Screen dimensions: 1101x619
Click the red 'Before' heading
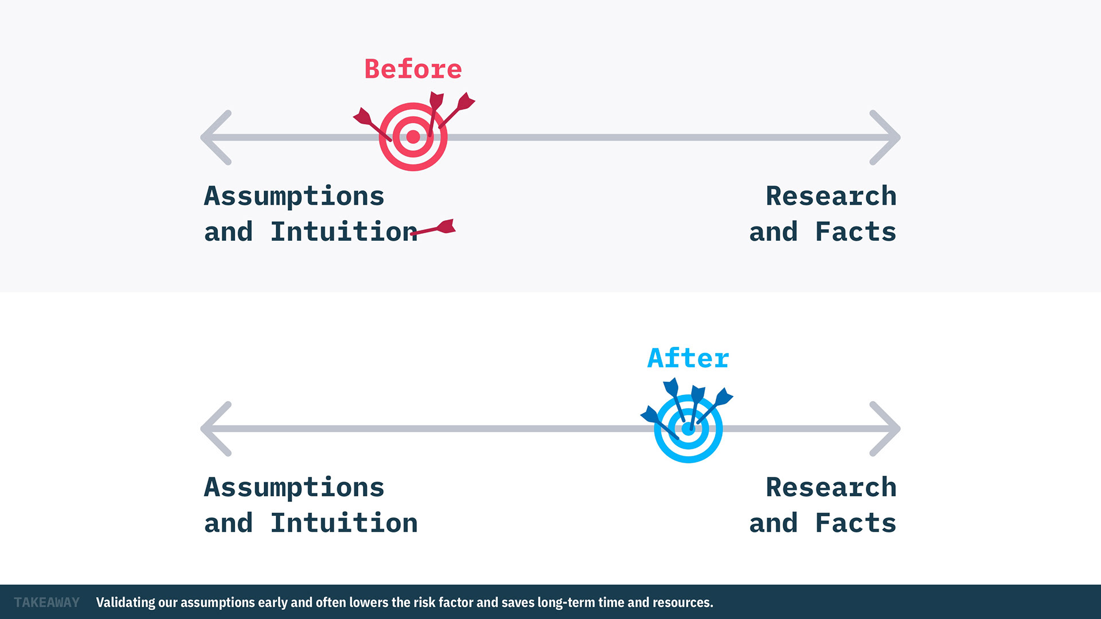(x=413, y=69)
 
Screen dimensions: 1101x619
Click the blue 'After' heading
(x=688, y=358)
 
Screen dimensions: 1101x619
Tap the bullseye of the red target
(x=413, y=137)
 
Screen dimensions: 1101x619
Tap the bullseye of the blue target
(x=688, y=429)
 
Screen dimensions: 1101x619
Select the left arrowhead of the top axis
(x=216, y=138)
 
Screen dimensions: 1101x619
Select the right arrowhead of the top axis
(x=885, y=138)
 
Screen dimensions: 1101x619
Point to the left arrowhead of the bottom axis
(x=216, y=429)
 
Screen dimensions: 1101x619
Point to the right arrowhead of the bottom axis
(x=885, y=429)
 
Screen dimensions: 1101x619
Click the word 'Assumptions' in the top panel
(x=294, y=197)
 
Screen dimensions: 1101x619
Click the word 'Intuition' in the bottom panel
(x=344, y=523)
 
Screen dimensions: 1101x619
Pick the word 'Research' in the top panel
(x=831, y=196)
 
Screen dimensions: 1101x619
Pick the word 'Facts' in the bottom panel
(x=856, y=523)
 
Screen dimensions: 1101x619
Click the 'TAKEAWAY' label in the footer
(x=47, y=602)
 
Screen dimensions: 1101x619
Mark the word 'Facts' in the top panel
(x=856, y=232)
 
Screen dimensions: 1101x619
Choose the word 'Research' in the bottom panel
(x=831, y=487)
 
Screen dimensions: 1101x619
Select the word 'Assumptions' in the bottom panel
(x=294, y=488)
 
